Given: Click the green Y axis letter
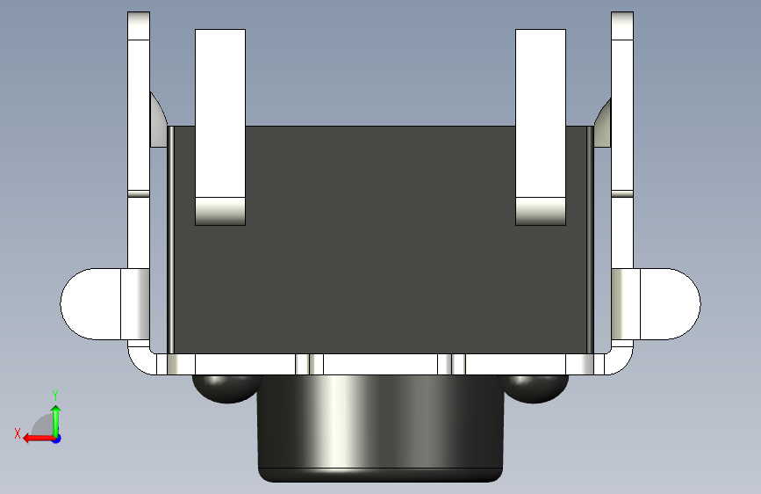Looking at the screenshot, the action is pos(55,395).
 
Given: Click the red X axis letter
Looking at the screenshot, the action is pos(18,433).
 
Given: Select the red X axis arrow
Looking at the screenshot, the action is pos(39,439).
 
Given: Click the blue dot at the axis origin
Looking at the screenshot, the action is pos(57,439).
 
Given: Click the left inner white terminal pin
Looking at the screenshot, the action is pos(220,127).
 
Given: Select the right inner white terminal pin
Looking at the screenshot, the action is pos(541,127).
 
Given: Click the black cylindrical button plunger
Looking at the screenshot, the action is pos(381,428).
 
